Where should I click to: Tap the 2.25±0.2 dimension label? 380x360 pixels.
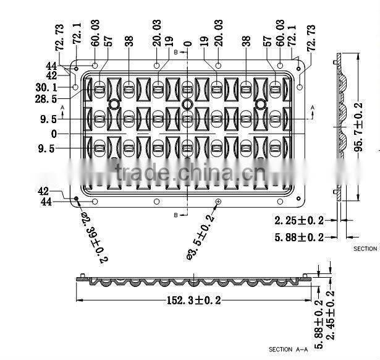click(299, 220)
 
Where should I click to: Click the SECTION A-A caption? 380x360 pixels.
click(288, 349)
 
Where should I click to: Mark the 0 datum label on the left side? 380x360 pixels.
click(54, 134)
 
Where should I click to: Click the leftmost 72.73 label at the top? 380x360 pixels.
click(59, 37)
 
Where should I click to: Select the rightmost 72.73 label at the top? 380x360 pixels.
click(311, 38)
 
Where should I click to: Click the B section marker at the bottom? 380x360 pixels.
click(176, 215)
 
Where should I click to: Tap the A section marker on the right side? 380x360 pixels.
click(312, 108)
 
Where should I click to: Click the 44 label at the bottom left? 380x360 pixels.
click(46, 202)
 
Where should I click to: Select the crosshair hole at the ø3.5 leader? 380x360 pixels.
click(218, 202)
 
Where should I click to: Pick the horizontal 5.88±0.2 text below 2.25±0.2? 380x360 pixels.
click(299, 236)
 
